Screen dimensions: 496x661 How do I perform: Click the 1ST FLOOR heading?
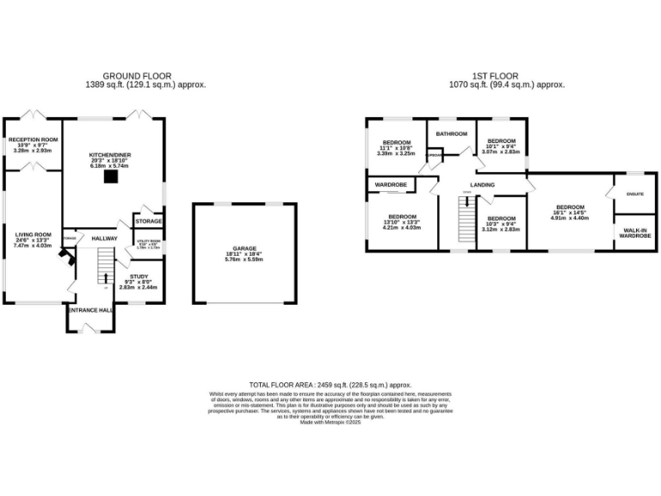(x=506, y=76)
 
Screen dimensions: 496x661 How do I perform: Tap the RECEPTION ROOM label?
(x=33, y=139)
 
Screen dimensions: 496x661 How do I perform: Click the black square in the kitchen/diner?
(x=110, y=177)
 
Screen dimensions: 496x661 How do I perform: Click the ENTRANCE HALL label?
(x=91, y=310)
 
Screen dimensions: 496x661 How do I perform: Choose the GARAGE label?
(x=244, y=249)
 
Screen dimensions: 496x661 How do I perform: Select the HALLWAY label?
(x=104, y=239)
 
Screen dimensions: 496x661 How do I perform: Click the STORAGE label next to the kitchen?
(x=148, y=221)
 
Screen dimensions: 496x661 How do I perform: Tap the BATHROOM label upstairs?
(x=451, y=133)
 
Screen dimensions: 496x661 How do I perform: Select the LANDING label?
(x=482, y=183)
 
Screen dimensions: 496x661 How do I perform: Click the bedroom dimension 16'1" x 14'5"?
(x=570, y=213)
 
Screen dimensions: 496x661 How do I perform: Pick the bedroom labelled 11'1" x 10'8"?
(x=396, y=148)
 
